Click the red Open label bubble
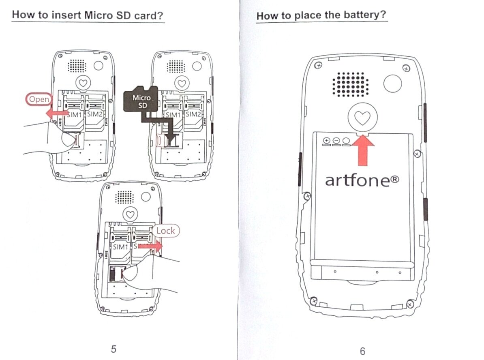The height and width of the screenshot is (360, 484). point(39,99)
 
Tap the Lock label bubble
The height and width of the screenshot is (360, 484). point(166,231)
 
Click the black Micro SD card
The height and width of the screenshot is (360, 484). point(141,99)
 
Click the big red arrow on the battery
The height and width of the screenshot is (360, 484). point(363,150)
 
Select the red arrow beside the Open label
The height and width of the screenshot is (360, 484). point(57,113)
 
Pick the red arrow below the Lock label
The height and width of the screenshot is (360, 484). point(150,246)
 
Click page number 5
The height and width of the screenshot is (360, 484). point(114,349)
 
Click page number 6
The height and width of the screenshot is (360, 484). point(363,351)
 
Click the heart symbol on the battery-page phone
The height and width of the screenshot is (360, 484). point(362,118)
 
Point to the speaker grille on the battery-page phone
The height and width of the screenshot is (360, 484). point(351,84)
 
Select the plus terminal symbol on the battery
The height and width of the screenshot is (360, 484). point(326,141)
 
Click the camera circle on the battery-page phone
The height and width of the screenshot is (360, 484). point(393,84)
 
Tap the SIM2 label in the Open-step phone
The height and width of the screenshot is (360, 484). point(94,114)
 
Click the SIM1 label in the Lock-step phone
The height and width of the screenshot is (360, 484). point(120,247)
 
